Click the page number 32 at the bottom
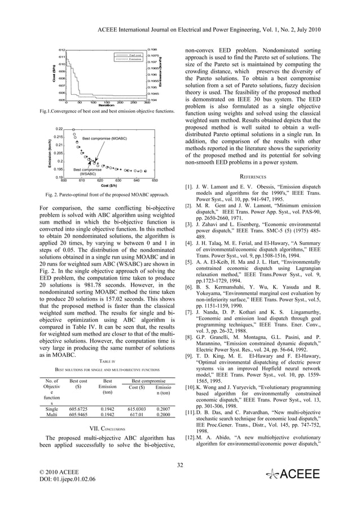pyautogui.click(x=180, y=465)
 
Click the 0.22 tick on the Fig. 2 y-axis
pyautogui.click(x=59, y=129)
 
